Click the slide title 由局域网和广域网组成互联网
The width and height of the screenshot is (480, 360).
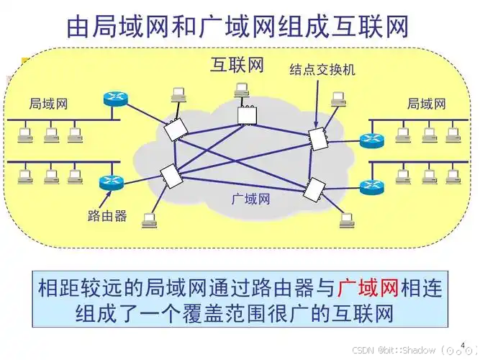237,27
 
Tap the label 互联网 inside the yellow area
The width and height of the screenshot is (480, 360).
237,66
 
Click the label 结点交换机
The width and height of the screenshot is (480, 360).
322,70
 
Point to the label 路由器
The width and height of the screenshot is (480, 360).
107,216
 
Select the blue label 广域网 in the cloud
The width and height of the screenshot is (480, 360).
251,199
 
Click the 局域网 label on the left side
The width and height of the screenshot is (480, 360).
48,104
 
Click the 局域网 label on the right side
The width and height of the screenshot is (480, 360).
427,104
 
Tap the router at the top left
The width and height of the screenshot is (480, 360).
115,99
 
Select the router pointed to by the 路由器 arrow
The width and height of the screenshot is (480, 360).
112,182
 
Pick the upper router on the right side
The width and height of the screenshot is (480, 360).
371,140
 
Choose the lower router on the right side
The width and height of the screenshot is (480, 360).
371,186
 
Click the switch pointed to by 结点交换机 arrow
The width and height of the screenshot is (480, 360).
318,139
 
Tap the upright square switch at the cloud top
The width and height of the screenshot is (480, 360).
247,116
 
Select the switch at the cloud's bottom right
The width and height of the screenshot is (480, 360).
314,189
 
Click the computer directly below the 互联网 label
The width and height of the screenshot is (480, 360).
242,90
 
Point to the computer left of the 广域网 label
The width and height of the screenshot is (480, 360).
150,220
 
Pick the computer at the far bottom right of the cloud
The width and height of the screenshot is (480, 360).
347,220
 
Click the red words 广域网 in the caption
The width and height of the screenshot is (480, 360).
368,288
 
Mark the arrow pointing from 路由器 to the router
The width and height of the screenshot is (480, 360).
104,199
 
